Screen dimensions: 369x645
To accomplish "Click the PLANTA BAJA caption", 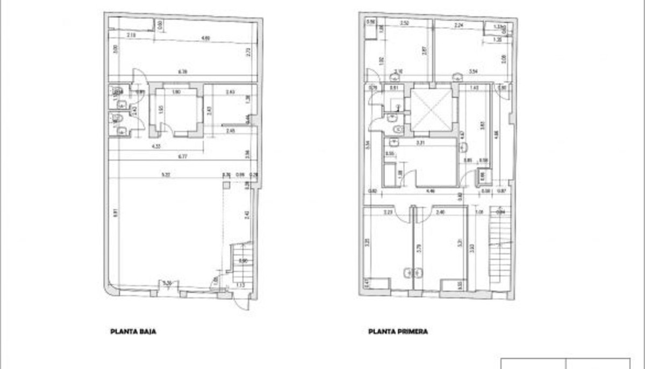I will pyautogui.click(x=133, y=332).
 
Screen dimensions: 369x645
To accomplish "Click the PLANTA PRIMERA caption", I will pyautogui.click(x=398, y=332).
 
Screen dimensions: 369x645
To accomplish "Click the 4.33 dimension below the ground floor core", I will pyautogui.click(x=156, y=146).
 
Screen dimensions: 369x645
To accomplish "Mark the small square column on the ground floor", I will pyautogui.click(x=227, y=185).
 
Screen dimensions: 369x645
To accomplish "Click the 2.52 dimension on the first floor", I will pyautogui.click(x=405, y=24).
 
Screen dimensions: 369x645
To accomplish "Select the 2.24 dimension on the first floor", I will pyautogui.click(x=458, y=25).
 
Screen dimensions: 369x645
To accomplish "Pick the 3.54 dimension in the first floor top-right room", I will pyautogui.click(x=474, y=71).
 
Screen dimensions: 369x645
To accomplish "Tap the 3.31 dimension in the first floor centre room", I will pyautogui.click(x=421, y=143).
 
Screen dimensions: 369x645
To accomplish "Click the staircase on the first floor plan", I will pyautogui.click(x=499, y=250).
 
